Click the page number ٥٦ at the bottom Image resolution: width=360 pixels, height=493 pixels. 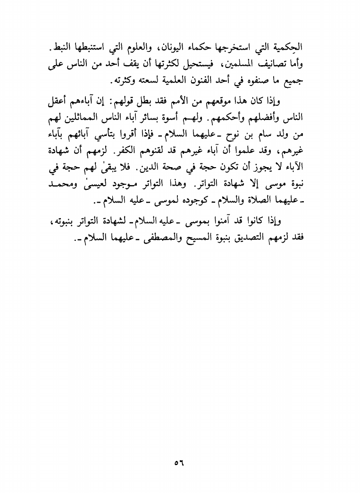[x=179, y=461]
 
